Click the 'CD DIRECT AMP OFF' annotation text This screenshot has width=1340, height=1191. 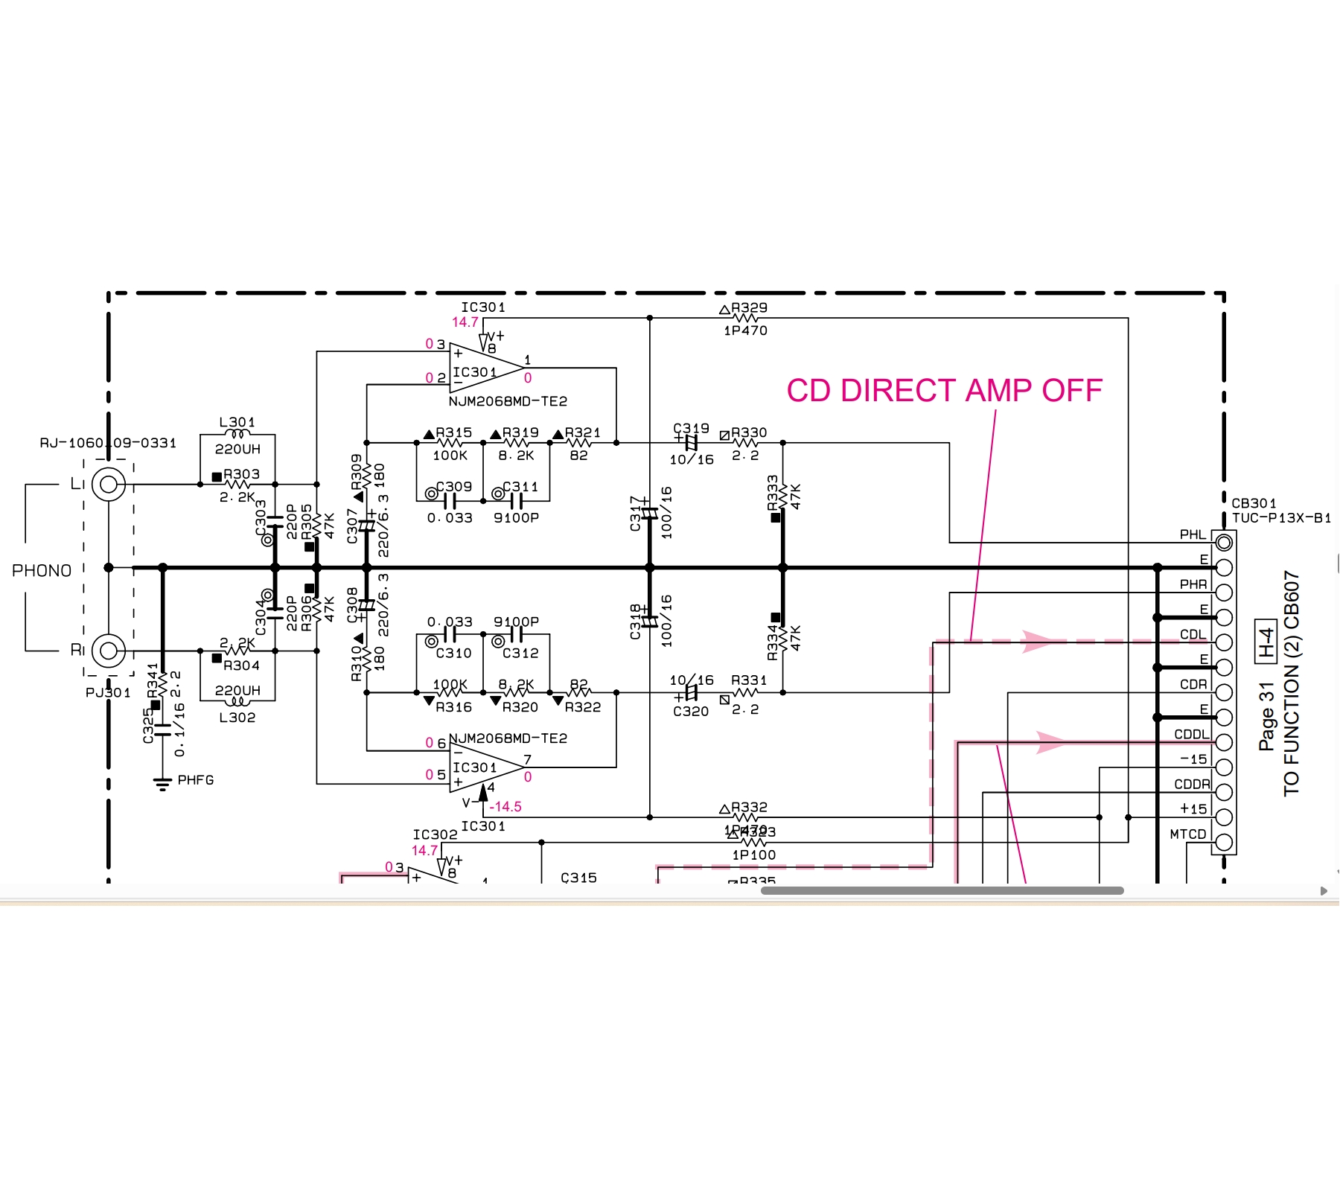tap(944, 391)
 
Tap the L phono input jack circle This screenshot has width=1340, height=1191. tap(109, 485)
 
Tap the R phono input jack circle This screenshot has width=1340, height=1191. tap(109, 651)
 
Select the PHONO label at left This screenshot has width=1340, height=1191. tap(42, 571)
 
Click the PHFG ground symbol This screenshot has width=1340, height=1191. tap(162, 782)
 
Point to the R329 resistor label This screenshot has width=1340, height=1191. tap(749, 307)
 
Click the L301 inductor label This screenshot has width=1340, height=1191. tap(237, 422)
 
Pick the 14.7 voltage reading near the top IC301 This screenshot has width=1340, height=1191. tap(465, 322)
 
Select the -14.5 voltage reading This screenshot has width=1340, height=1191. tap(505, 807)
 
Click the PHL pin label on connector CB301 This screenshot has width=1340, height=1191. tap(1193, 534)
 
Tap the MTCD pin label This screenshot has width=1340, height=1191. tap(1187, 834)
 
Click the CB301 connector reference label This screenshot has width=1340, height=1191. tap(1254, 503)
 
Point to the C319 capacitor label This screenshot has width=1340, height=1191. tap(691, 429)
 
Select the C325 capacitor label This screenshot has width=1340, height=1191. tap(148, 725)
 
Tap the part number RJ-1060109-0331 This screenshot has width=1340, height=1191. tap(109, 443)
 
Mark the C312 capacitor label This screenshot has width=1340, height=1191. tap(520, 653)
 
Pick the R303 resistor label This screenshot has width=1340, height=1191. tap(242, 474)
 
